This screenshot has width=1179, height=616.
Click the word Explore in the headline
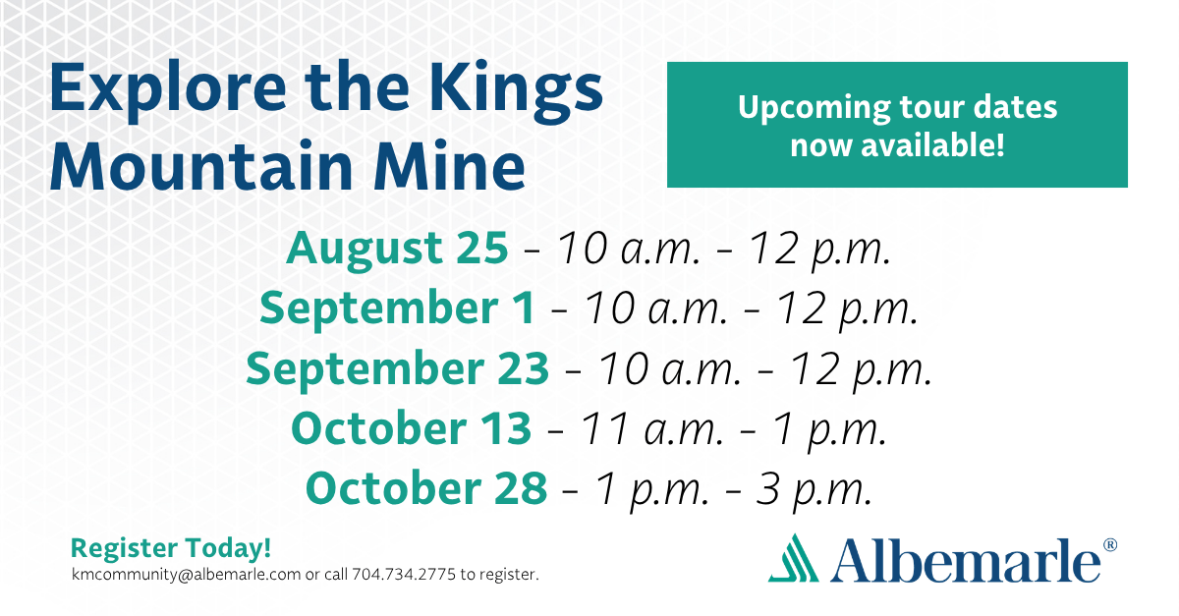click(x=168, y=90)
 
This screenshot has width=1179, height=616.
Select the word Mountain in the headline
click(x=201, y=165)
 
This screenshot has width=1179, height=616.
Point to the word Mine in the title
click(x=449, y=165)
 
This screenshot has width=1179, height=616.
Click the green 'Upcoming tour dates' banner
click(x=897, y=125)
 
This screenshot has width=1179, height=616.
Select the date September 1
click(x=397, y=308)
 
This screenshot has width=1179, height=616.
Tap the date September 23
click(x=397, y=368)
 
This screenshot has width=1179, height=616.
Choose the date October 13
click(x=411, y=428)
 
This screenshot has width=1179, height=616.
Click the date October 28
click(x=426, y=488)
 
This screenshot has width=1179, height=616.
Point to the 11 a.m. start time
click(x=651, y=429)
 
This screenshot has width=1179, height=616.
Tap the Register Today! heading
click(x=171, y=548)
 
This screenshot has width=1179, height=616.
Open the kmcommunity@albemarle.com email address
click(x=187, y=575)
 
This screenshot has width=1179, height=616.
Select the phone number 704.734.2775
click(x=404, y=574)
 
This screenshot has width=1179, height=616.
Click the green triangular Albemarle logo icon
click(x=794, y=558)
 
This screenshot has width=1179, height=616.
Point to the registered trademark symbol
click(x=1109, y=544)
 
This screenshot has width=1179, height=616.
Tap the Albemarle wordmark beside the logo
click(x=965, y=560)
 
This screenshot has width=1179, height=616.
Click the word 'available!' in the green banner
click(x=932, y=145)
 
